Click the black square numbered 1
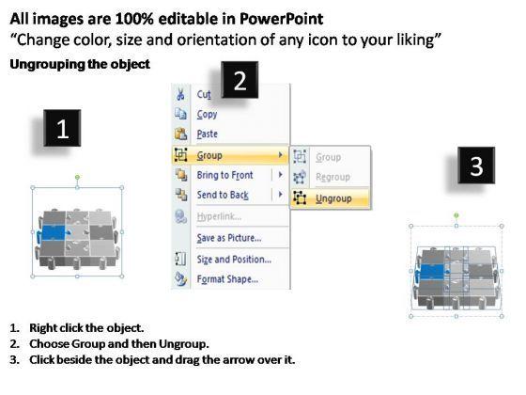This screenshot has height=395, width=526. tap(62, 131)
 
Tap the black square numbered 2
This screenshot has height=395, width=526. tap(240, 83)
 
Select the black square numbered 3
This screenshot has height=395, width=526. tap(476, 167)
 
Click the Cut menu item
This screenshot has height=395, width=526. tap(204, 94)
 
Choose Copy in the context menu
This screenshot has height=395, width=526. tap(207, 114)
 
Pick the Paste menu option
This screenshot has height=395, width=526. tap(208, 134)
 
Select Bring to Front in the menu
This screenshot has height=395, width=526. tap(224, 175)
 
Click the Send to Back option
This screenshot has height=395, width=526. tap(223, 195)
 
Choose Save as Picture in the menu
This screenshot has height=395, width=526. tap(228, 237)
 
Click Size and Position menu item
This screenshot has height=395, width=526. tap(234, 259)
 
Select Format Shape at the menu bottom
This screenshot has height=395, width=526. tap(227, 279)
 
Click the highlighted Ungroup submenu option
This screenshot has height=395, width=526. tap(333, 198)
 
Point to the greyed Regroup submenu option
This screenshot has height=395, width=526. tap(333, 177)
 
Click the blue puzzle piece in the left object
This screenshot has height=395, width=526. tap(54, 233)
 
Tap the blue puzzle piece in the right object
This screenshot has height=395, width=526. tap(433, 273)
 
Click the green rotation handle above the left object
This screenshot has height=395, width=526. tap(77, 176)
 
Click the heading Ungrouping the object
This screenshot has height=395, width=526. tap(79, 64)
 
